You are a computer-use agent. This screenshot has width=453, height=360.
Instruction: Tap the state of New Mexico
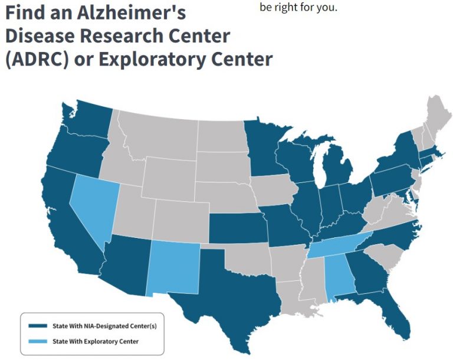point(174,269)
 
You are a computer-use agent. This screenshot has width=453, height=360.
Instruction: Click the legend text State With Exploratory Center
point(95,341)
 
